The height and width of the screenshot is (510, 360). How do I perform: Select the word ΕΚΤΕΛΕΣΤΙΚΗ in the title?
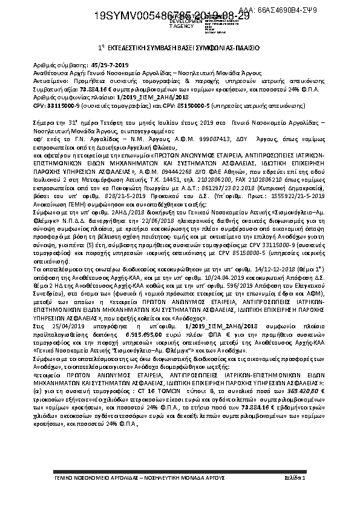(131, 47)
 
